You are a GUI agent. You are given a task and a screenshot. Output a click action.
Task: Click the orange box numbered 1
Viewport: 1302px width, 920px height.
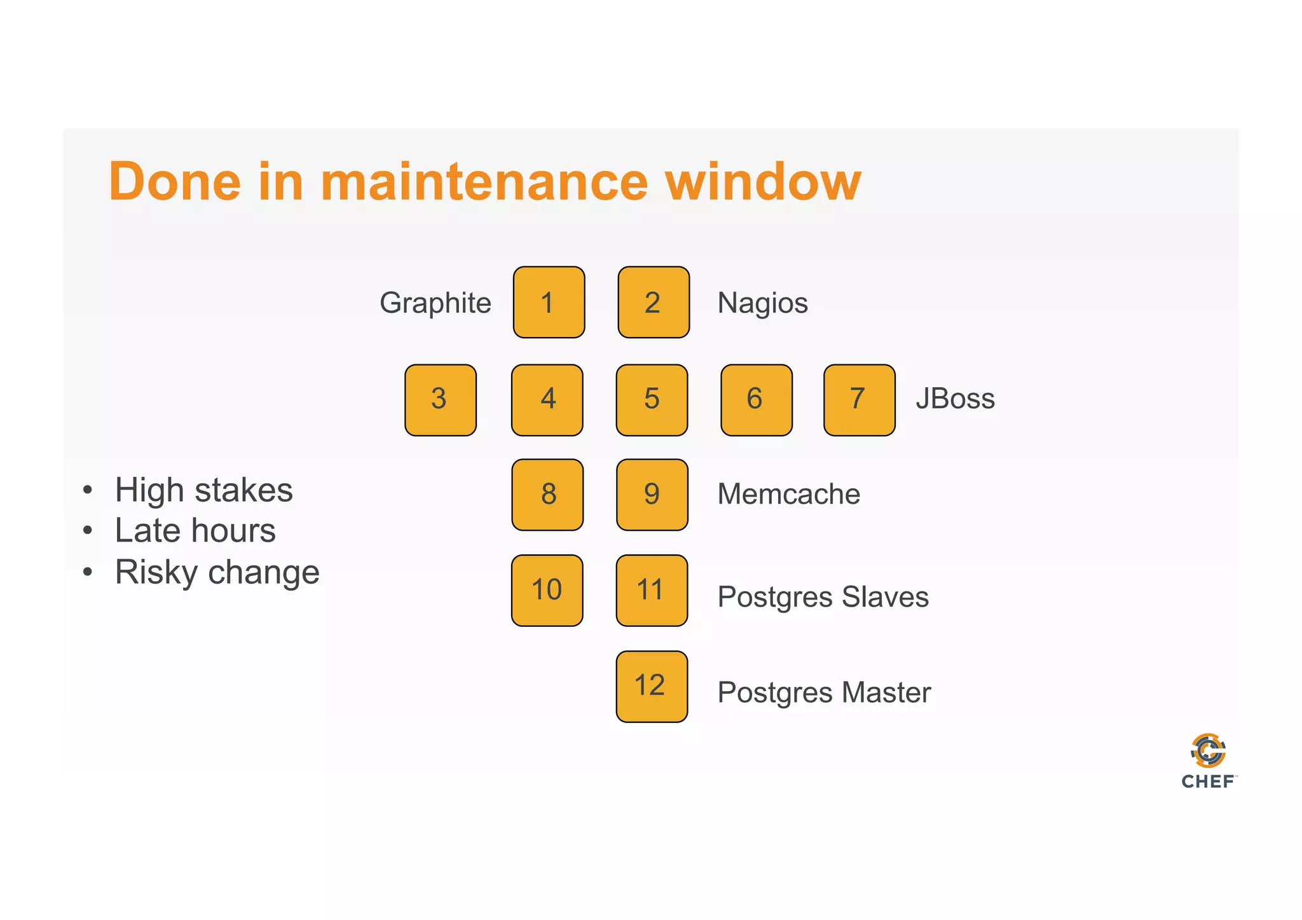pyautogui.click(x=549, y=302)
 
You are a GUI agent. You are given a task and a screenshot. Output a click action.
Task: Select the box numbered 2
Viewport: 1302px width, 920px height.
pyautogui.click(x=654, y=302)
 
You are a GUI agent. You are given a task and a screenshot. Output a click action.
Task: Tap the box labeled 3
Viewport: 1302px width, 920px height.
pyautogui.click(x=440, y=400)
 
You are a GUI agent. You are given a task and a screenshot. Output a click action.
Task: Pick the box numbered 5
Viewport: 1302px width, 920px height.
pyautogui.click(x=652, y=400)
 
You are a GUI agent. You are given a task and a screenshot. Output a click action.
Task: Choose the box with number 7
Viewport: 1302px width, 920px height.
pyautogui.click(x=859, y=400)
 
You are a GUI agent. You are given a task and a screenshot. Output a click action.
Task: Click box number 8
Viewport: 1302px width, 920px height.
pyautogui.click(x=547, y=495)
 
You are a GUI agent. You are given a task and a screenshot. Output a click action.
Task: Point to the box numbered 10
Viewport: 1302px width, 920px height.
pyautogui.click(x=547, y=590)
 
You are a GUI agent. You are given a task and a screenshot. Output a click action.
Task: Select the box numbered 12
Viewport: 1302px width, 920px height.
pyautogui.click(x=652, y=686)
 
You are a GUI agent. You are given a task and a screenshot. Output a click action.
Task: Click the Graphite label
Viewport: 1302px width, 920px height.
pyautogui.click(x=435, y=303)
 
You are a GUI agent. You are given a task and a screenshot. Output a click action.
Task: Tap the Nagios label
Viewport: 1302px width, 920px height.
pyautogui.click(x=762, y=303)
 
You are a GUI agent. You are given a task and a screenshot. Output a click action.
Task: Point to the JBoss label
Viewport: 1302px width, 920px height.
pyautogui.click(x=955, y=399)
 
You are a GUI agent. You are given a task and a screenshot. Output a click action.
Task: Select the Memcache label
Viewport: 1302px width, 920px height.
pyautogui.click(x=788, y=494)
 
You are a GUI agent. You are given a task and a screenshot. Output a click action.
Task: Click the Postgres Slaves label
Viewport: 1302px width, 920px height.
pyautogui.click(x=823, y=597)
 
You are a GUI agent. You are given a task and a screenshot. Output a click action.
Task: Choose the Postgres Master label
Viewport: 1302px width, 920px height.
pyautogui.click(x=824, y=692)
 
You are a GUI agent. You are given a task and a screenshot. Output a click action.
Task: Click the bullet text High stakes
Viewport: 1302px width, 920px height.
pyautogui.click(x=203, y=490)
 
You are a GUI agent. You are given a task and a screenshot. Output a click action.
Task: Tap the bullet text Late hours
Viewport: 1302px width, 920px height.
pyautogui.click(x=195, y=531)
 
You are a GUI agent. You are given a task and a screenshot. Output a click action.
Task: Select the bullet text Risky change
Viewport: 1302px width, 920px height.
pyautogui.click(x=217, y=572)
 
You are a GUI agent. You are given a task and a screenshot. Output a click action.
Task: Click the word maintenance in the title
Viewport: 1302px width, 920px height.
pyautogui.click(x=484, y=182)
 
